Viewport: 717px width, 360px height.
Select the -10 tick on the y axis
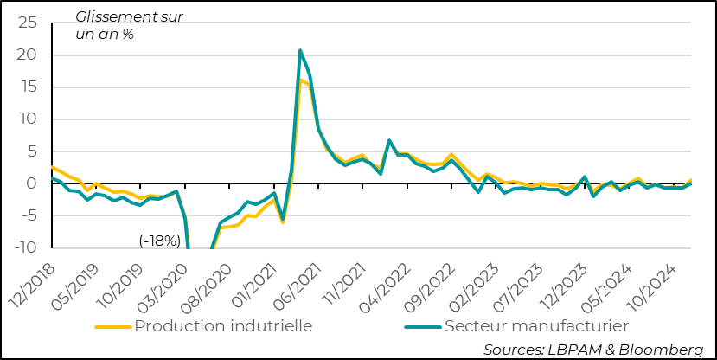click(x=26, y=247)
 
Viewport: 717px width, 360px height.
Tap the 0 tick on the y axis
click(x=35, y=183)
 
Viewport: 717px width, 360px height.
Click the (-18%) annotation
click(x=159, y=241)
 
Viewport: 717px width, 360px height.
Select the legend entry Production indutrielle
click(x=222, y=326)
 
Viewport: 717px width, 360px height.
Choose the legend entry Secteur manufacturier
click(x=535, y=326)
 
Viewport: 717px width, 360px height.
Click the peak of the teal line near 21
click(x=300, y=50)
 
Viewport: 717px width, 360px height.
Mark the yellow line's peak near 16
click(x=300, y=80)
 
